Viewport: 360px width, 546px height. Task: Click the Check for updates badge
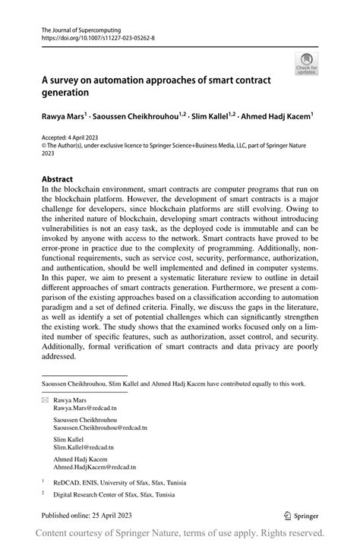pos(308,64)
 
